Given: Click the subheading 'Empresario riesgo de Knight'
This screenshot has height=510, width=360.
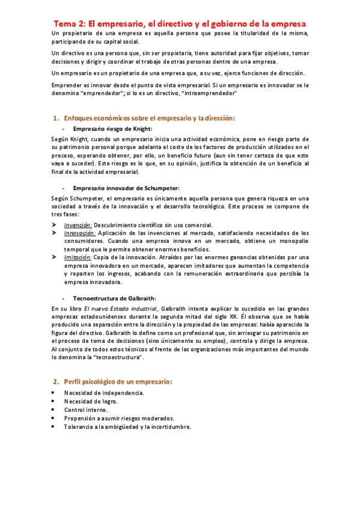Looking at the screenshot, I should click(x=112, y=129).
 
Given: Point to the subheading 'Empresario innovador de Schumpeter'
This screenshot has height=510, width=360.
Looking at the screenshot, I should click(x=126, y=188).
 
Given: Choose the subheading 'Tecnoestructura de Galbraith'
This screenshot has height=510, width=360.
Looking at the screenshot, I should click(x=114, y=298).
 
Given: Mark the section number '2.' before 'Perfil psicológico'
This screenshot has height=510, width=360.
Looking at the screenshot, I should click(x=56, y=381).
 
